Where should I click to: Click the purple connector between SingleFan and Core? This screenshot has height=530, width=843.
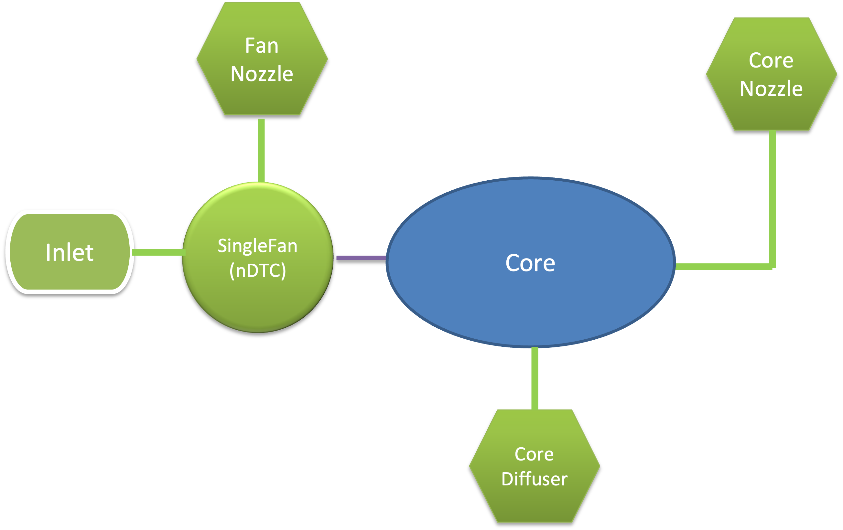[x=361, y=258]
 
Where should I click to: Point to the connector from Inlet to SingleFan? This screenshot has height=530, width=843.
[x=158, y=252]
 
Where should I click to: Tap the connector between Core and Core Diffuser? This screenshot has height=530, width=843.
[x=535, y=378]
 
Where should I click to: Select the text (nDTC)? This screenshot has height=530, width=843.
[x=258, y=270]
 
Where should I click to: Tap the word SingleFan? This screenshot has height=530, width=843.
[x=258, y=246]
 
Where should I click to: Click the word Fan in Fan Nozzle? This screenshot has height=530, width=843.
[x=262, y=46]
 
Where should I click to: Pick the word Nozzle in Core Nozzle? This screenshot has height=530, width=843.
[x=771, y=89]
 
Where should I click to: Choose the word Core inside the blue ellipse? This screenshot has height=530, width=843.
[x=530, y=263]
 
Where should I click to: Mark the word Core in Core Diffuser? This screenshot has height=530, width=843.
[x=534, y=454]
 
